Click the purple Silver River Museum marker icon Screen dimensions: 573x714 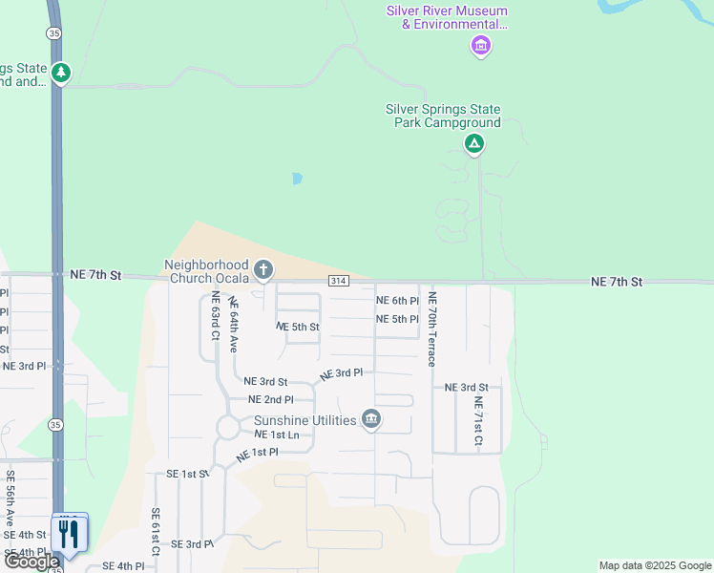click(x=481, y=45)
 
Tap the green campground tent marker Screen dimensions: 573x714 click(x=473, y=144)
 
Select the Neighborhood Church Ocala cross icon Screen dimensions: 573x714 click(x=263, y=271)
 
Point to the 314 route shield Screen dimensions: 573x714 click(x=339, y=281)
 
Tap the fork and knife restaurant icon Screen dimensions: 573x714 click(x=68, y=533)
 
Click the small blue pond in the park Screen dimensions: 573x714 click(x=297, y=179)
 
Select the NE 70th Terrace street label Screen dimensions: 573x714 click(x=432, y=329)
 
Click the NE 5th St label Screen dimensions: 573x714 click(x=298, y=327)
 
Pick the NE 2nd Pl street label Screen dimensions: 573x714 click(x=270, y=399)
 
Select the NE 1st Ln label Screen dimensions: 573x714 click(x=277, y=435)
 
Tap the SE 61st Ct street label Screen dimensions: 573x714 click(x=155, y=531)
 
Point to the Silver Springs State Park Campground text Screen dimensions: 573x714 click(x=442, y=116)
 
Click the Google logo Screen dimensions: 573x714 click(x=31, y=562)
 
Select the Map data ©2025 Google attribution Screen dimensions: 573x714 click(x=654, y=565)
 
